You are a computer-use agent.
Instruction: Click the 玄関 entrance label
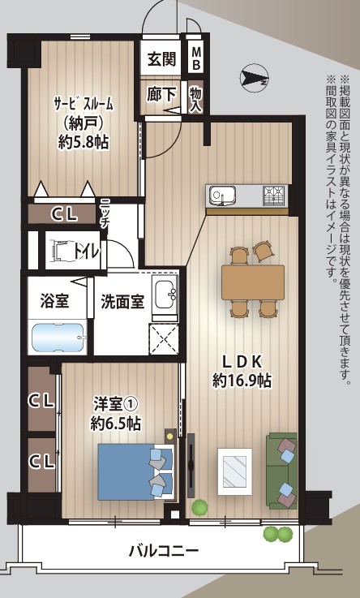coord(161,59)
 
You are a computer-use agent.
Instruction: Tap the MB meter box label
coord(196,58)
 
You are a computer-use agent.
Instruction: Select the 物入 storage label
coord(195,99)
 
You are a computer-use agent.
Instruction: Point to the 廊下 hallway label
coord(161,95)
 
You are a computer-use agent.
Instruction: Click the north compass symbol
coord(255,78)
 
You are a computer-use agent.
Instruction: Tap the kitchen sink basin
coord(221,196)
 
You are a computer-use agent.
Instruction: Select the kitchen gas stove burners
coord(274,196)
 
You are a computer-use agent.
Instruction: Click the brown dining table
coord(253,282)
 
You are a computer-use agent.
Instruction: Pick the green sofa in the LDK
coord(282,471)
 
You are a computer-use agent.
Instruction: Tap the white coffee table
coord(234,471)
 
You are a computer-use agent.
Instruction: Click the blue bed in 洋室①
coord(135,471)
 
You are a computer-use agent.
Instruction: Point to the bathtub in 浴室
coord(58,338)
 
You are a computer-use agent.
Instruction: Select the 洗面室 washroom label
coord(122,302)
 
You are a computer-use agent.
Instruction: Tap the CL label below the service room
coord(64,215)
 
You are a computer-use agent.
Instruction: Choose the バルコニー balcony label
coord(164,551)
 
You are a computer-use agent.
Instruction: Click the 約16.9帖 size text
coord(242,381)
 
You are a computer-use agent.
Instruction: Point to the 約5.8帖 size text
coord(84,142)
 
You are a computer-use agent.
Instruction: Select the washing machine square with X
coord(164,339)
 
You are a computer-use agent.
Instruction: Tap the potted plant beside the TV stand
coord(199,508)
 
